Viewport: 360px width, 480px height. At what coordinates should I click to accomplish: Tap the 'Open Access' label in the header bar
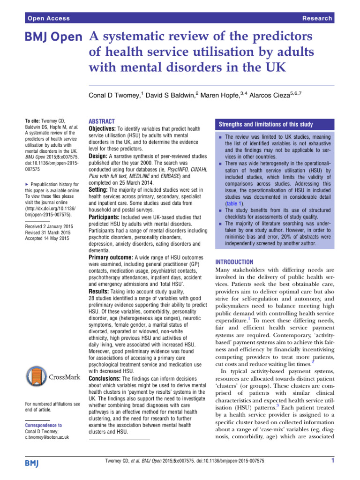coord(49,18)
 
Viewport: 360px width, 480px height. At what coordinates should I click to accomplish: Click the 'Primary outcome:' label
coord(111,257)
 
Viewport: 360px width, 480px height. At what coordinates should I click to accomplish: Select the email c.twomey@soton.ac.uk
coord(46,437)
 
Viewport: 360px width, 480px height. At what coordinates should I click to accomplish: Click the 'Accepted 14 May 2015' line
coord(45,239)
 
